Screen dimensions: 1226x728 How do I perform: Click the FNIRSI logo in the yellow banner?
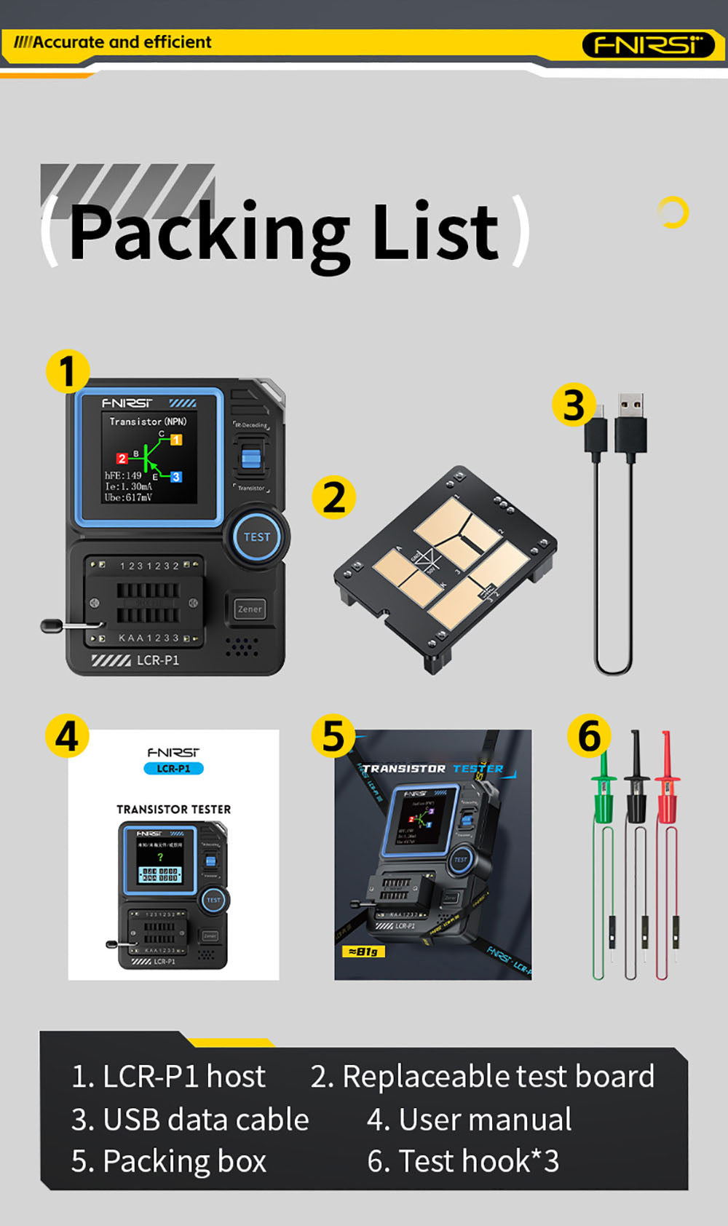[x=648, y=45]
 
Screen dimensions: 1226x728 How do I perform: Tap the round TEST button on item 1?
[x=256, y=537]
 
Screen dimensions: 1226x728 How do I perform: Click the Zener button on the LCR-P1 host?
[x=250, y=609]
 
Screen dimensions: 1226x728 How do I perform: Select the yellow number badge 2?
[x=333, y=498]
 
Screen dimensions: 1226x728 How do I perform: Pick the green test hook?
[x=604, y=794]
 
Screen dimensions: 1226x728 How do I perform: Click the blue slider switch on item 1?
[x=250, y=459]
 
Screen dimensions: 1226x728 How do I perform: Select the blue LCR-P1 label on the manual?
[x=173, y=769]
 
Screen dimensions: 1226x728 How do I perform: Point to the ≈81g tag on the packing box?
[x=363, y=951]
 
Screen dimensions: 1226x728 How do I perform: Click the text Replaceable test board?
[x=498, y=1077]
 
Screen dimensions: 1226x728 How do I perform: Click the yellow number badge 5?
[x=333, y=736]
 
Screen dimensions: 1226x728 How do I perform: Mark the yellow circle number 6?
[x=589, y=736]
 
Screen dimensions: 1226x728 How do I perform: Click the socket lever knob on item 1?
[x=51, y=625]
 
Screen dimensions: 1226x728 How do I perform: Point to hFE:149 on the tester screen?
[x=123, y=475]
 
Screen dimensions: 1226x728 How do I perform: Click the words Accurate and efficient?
[x=122, y=42]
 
